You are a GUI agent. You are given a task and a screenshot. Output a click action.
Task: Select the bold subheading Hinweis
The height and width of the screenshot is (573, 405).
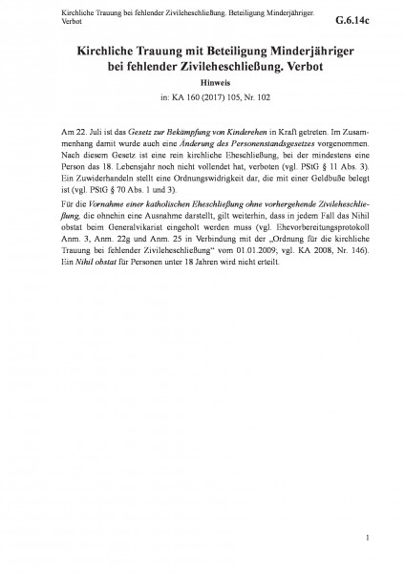coord(202,83)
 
